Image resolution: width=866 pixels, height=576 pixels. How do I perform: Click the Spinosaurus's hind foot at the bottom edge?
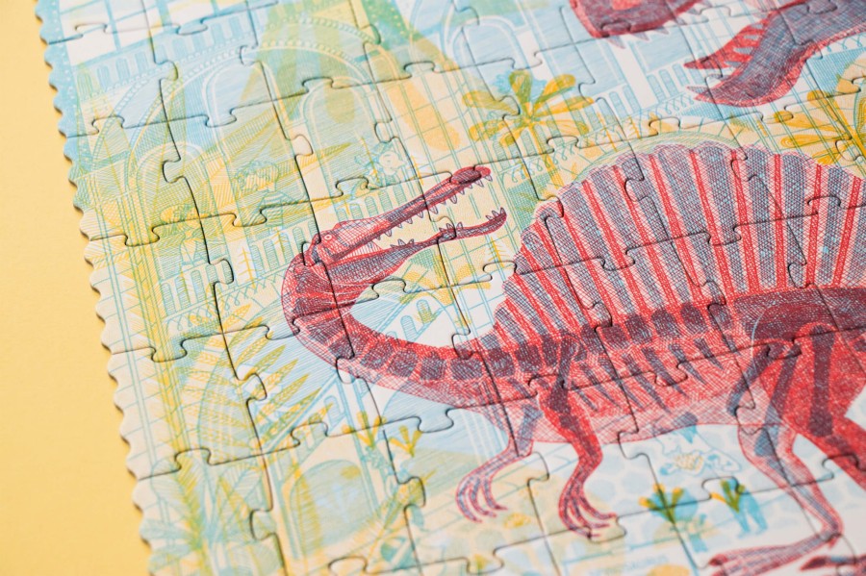pyautogui.click(x=770, y=558)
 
